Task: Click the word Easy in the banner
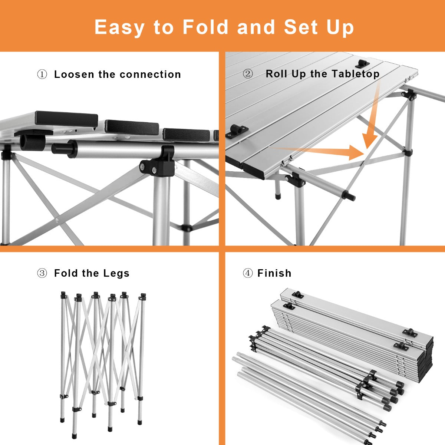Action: [x=119, y=27]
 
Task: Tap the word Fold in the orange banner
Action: [x=205, y=27]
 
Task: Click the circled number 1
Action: [x=42, y=75]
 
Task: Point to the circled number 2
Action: [x=248, y=74]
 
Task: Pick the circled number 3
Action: [x=42, y=273]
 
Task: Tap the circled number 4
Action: [x=248, y=273]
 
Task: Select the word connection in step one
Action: [x=150, y=75]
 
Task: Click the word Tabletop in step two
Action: [x=356, y=74]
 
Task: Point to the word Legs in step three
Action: [x=116, y=273]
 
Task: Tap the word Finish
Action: [x=274, y=273]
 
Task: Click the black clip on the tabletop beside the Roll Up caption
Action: [x=362, y=64]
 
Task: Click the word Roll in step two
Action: [x=276, y=74]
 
